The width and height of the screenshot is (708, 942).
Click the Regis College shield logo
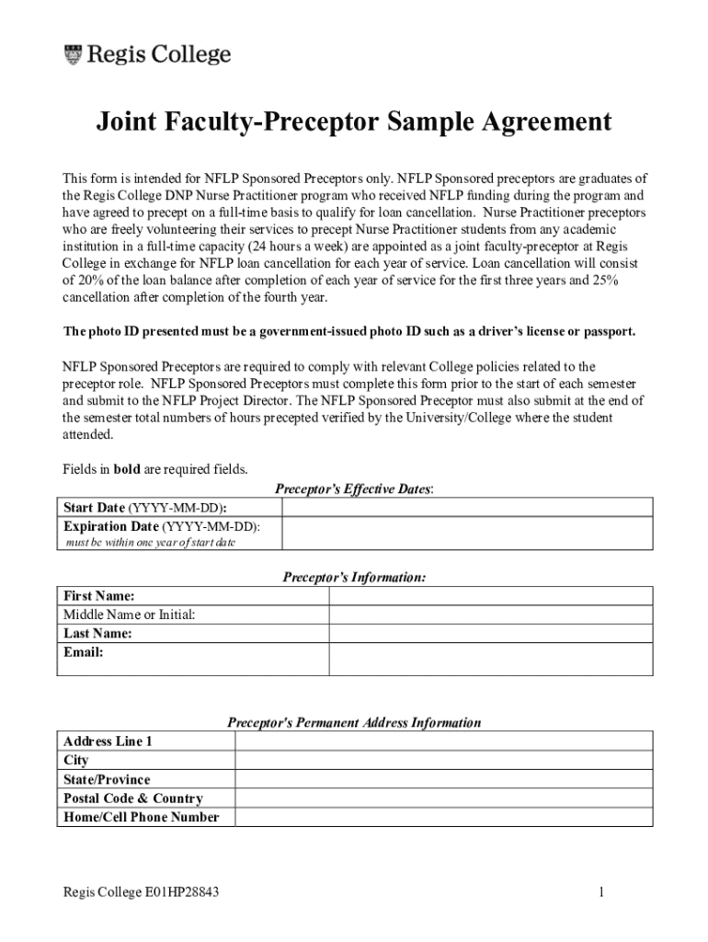73,54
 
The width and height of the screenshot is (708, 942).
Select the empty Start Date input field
467,508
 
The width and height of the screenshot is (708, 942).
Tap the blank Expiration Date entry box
467,534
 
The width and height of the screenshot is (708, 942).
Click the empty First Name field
490,596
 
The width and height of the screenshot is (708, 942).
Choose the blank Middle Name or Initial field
490,615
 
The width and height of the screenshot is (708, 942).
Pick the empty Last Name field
490,633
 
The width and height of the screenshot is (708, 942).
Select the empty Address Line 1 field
443,741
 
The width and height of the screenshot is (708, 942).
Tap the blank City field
443,760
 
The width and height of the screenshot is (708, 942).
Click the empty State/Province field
443,779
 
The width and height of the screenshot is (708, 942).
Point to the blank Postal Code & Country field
443,798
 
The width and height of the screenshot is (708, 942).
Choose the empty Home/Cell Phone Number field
443,817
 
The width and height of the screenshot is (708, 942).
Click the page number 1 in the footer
600,891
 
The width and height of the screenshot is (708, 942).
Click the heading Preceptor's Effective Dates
354,489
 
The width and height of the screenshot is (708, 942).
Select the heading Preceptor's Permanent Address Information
354,722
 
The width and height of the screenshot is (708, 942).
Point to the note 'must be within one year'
150,543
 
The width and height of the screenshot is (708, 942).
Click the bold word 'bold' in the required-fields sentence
127,469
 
